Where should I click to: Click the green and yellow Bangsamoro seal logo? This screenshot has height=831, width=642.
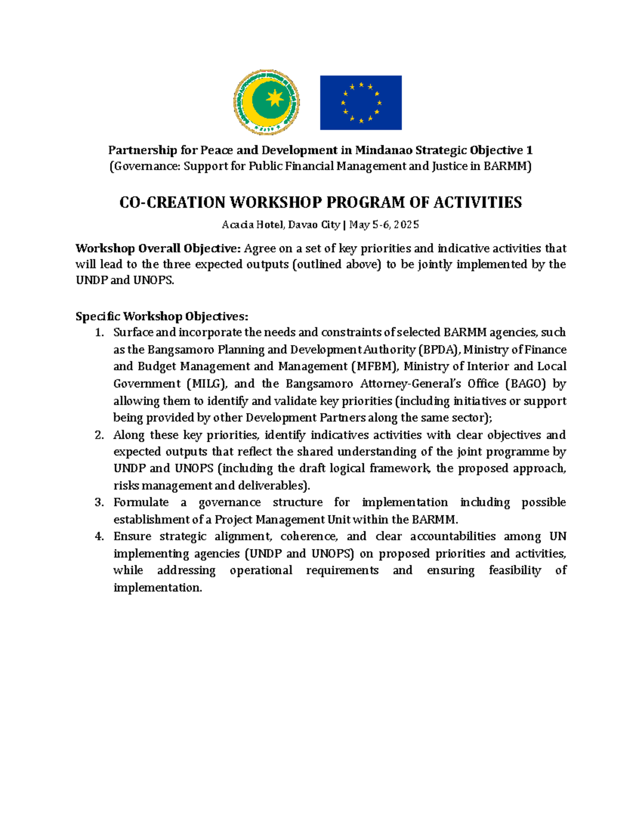point(266,102)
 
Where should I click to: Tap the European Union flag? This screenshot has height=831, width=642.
point(361,103)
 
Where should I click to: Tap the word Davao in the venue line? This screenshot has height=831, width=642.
point(303,225)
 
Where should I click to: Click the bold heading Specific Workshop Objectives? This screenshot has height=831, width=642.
point(162,316)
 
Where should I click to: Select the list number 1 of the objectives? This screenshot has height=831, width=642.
point(98,333)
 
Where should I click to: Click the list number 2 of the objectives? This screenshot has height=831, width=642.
point(98,435)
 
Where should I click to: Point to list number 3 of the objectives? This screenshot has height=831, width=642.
point(98,502)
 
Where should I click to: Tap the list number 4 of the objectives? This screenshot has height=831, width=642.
point(98,537)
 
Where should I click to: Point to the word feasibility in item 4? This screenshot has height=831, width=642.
point(515,570)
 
